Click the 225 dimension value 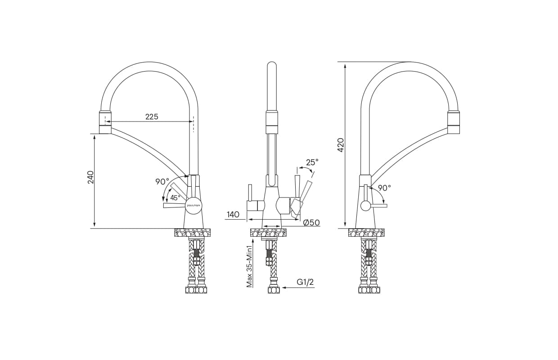coord(152,117)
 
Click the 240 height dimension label coord(91,177)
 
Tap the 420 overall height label coord(341,144)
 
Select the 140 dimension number coord(233,215)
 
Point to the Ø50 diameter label coord(311,223)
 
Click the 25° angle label coord(312,162)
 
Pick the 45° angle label coord(175,198)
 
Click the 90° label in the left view coord(162,182)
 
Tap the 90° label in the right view coord(384,188)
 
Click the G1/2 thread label coord(305,282)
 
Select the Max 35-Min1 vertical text coord(249,266)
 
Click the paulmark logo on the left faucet coord(193,205)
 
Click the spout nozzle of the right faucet coord(454,122)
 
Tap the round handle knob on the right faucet coord(365,206)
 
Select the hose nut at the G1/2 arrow coord(274,290)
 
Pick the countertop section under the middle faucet coord(268,233)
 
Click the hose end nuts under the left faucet coord(196,290)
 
